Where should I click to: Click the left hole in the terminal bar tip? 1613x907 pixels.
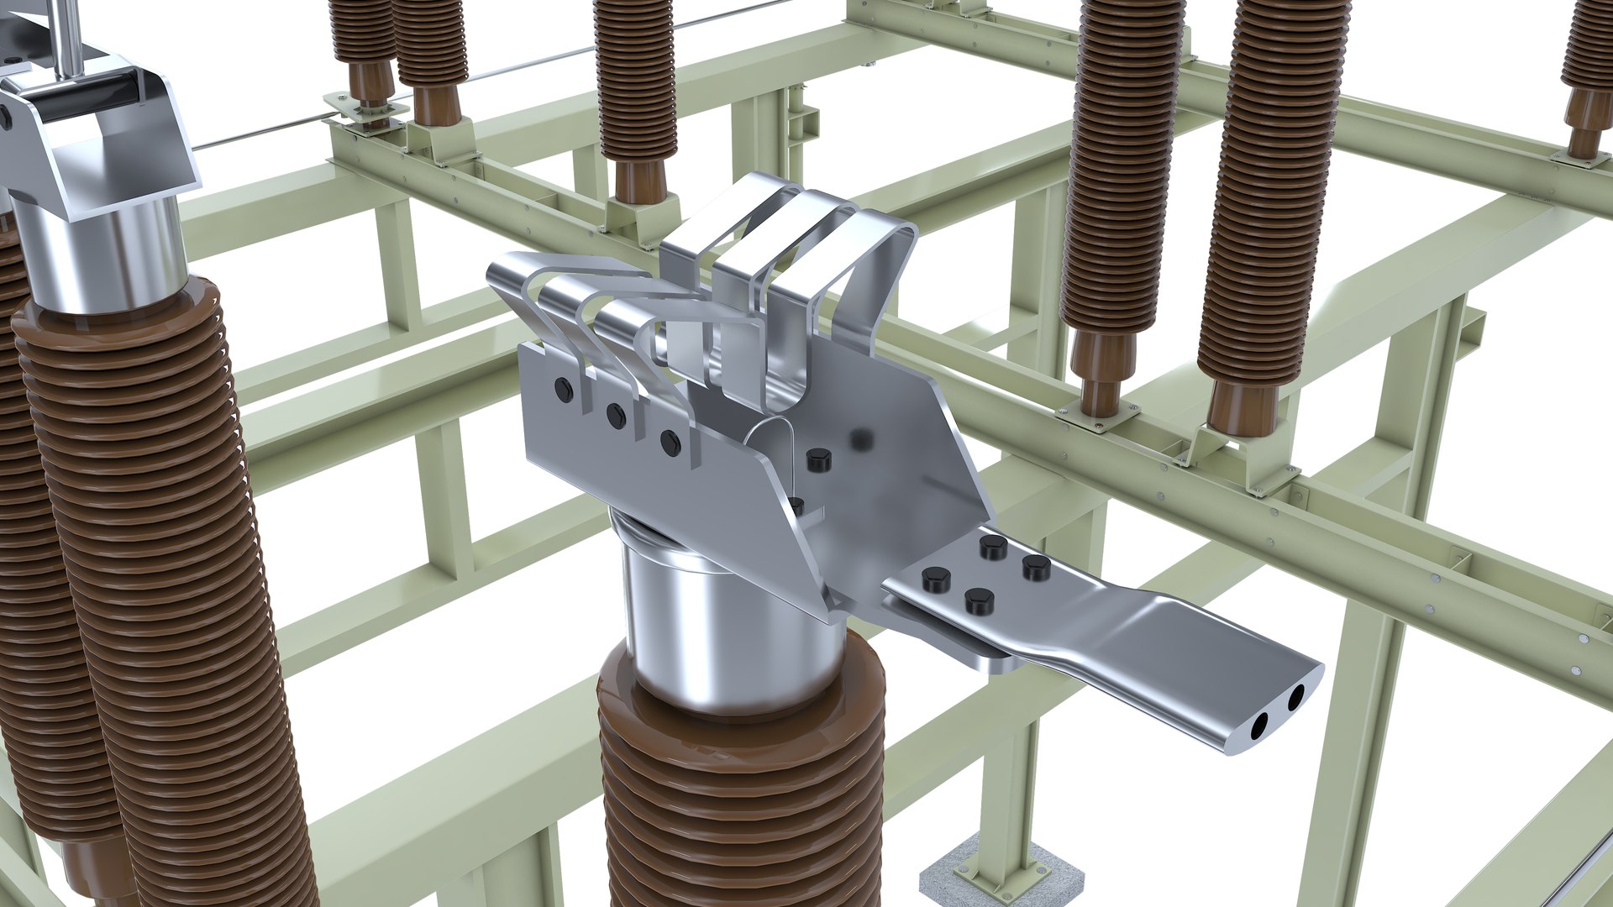tap(1261, 727)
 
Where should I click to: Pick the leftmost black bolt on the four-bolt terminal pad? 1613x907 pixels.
tap(934, 579)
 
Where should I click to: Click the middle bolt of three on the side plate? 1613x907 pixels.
tap(616, 413)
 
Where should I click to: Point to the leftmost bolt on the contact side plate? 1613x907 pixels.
tap(563, 388)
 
